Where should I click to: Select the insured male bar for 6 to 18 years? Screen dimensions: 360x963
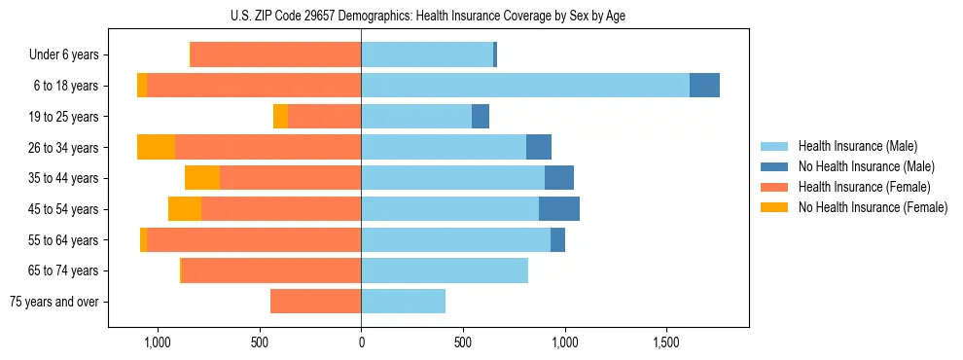click(x=525, y=86)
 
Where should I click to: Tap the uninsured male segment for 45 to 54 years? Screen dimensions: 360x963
click(x=559, y=208)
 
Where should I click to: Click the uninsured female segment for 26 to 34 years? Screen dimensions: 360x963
click(x=156, y=147)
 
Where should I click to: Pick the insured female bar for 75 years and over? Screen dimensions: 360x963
click(x=315, y=302)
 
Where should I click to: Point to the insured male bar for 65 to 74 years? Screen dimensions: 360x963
click(x=445, y=270)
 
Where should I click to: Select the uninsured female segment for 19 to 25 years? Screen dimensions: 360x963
click(x=280, y=117)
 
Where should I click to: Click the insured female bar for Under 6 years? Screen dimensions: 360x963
click(x=275, y=54)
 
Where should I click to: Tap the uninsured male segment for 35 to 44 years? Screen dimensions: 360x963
click(x=559, y=178)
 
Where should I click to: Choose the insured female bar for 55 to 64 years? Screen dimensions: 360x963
click(x=254, y=239)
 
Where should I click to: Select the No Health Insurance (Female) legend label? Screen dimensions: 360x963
click(x=873, y=207)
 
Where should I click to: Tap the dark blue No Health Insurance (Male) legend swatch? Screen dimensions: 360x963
click(x=774, y=166)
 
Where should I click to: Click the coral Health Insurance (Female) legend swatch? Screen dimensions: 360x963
click(x=774, y=187)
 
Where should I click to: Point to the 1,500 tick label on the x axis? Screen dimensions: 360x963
click(x=666, y=342)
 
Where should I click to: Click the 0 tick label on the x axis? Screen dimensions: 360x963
click(x=361, y=342)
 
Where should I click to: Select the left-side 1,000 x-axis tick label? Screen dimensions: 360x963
click(x=158, y=342)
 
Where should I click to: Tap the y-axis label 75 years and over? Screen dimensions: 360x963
click(x=53, y=302)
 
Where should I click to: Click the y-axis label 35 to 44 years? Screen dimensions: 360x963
click(x=63, y=178)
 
